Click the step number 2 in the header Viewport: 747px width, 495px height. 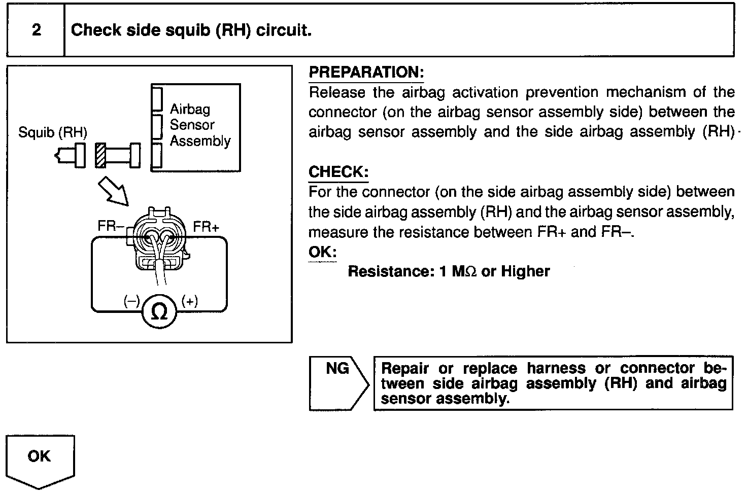coord(36,30)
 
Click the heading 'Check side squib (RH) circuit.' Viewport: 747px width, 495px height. coord(191,30)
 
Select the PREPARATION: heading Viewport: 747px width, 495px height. coord(366,73)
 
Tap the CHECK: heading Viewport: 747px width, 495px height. coord(338,172)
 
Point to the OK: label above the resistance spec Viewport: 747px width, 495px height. coord(322,252)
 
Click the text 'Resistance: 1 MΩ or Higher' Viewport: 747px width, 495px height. coord(449,271)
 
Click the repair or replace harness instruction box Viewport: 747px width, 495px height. coord(553,383)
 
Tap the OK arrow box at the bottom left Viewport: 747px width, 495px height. coord(40,458)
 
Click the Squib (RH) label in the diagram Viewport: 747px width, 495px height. coord(53,133)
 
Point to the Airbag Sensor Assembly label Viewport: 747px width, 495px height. coord(199,125)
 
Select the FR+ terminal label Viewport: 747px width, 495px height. coord(206,227)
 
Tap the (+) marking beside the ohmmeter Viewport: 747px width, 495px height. coord(190,301)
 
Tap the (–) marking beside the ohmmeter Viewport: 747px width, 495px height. coord(131,301)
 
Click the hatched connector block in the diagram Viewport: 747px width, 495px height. coord(100,155)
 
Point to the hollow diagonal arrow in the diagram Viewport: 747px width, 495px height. coord(113,191)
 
